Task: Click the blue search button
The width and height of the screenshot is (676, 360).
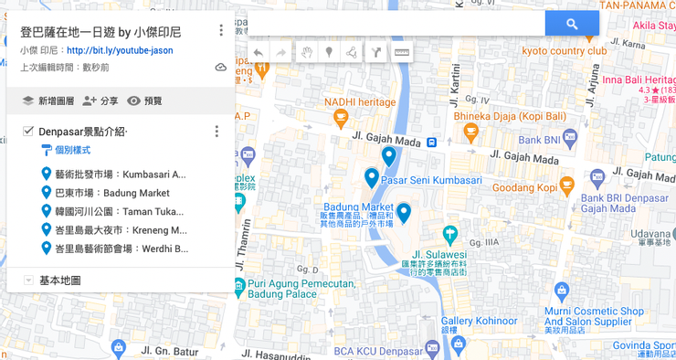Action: pyautogui.click(x=572, y=24)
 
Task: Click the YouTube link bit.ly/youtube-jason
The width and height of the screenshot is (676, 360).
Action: pyautogui.click(x=119, y=50)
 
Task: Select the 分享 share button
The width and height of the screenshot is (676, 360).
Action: pyautogui.click(x=100, y=101)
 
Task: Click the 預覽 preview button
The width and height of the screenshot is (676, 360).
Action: pyautogui.click(x=144, y=101)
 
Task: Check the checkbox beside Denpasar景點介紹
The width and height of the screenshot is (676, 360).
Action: pyautogui.click(x=28, y=132)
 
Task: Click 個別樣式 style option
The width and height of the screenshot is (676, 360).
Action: pyautogui.click(x=71, y=150)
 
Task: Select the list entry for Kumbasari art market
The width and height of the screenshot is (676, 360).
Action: pyautogui.click(x=119, y=175)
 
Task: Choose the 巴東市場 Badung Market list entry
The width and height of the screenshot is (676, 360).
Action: pyautogui.click(x=111, y=193)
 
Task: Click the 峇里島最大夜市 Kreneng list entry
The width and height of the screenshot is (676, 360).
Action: pyautogui.click(x=120, y=229)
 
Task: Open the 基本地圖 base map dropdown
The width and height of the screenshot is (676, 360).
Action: pyautogui.click(x=28, y=281)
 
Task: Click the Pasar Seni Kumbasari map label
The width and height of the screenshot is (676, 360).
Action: pyautogui.click(x=430, y=180)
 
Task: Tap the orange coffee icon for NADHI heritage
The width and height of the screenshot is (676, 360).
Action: pyautogui.click(x=341, y=116)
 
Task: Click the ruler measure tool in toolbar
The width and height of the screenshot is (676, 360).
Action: pyautogui.click(x=402, y=53)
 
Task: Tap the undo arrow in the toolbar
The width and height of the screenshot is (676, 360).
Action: pyautogui.click(x=259, y=53)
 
